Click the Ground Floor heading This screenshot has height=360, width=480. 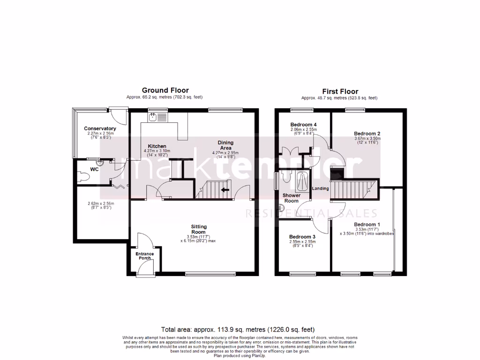point(165,90)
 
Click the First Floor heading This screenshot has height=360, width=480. point(340,91)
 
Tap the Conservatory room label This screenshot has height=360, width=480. point(100,128)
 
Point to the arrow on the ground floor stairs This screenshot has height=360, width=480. point(225,190)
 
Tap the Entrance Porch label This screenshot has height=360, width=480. point(144,256)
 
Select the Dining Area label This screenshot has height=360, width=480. point(225,145)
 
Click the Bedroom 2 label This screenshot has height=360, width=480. point(367,134)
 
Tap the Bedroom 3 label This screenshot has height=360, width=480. point(302,237)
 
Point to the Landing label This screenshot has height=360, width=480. point(321,189)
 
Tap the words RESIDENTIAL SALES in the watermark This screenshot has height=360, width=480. point(311,214)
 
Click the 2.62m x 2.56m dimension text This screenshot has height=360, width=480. point(100,205)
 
